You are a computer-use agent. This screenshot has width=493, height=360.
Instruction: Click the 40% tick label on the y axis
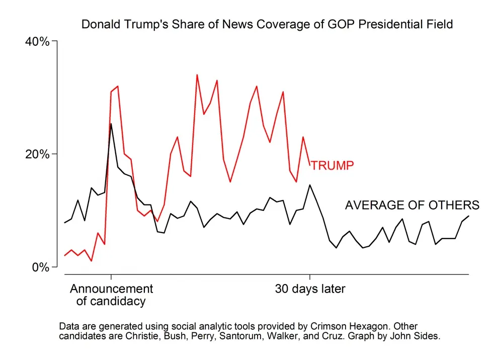pyautogui.click(x=37, y=41)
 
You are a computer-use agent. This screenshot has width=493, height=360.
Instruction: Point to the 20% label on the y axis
pyautogui.click(x=37, y=154)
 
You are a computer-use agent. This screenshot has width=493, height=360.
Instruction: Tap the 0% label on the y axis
pyautogui.click(x=40, y=267)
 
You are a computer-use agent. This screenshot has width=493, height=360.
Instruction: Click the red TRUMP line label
pyautogui.click(x=332, y=165)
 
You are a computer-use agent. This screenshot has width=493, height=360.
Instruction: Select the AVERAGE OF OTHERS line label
pyautogui.click(x=412, y=205)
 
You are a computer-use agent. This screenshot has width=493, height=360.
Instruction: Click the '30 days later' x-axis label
pyautogui.click(x=310, y=289)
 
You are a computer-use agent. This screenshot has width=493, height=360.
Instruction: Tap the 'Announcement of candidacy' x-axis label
pyautogui.click(x=111, y=295)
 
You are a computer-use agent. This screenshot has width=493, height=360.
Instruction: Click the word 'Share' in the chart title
pyautogui.click(x=190, y=24)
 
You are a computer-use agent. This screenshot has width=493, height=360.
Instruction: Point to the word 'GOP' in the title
pyautogui.click(x=343, y=24)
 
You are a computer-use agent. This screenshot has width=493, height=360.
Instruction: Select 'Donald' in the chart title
pyautogui.click(x=99, y=24)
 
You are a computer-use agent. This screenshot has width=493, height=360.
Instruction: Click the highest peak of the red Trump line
pyautogui.click(x=197, y=75)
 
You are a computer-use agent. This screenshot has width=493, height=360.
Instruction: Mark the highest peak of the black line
pyautogui.click(x=111, y=123)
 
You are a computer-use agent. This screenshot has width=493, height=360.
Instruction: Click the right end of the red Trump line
pyautogui.click(x=310, y=165)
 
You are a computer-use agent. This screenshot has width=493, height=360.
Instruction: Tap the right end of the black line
pyautogui.click(x=469, y=216)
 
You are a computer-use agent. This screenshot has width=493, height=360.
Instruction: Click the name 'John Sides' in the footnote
pyautogui.click(x=418, y=336)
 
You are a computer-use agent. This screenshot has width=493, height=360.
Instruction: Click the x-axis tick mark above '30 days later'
pyautogui.click(x=310, y=277)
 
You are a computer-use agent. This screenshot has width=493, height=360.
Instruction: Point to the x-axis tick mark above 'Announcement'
pyautogui.click(x=111, y=277)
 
